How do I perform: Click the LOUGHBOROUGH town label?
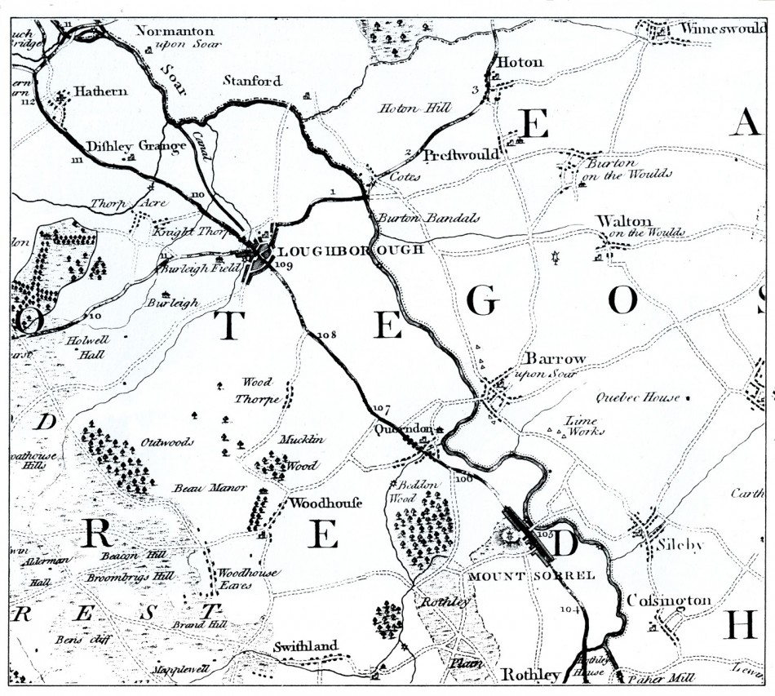351,250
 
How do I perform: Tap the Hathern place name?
101,92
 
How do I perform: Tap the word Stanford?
253,81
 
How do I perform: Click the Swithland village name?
305,646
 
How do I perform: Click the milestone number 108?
326,335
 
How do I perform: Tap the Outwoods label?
167,442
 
